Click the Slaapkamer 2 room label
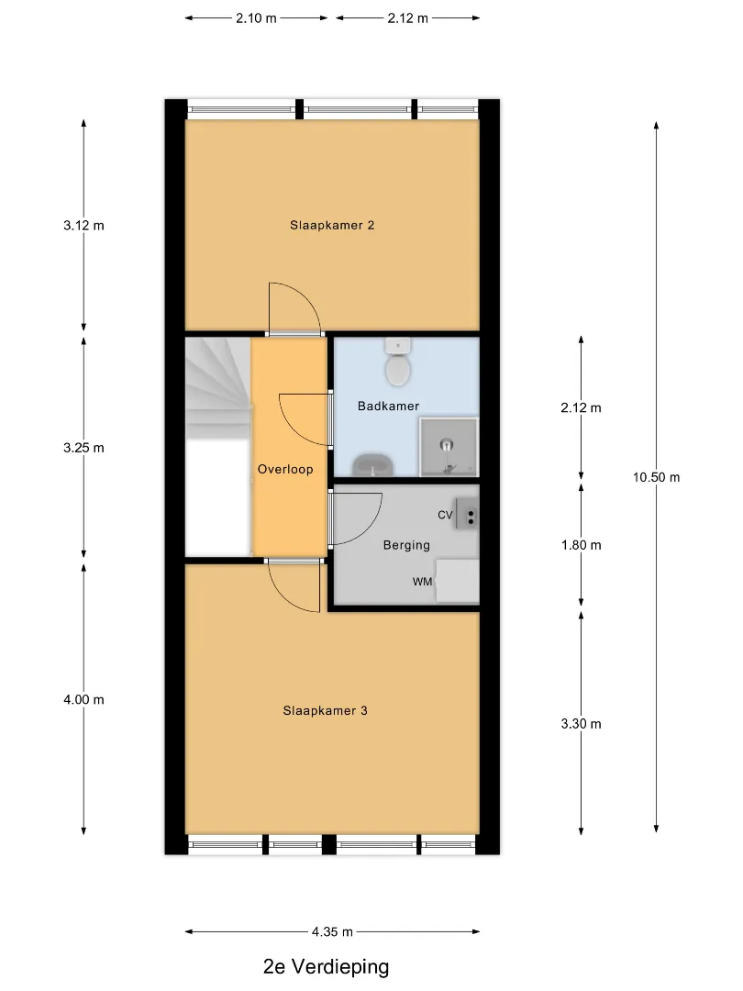(332, 225)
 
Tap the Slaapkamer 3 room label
(325, 710)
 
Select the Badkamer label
(388, 406)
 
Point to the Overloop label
(285, 469)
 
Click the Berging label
(406, 545)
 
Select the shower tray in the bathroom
(449, 446)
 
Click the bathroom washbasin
(373, 466)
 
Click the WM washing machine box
(457, 580)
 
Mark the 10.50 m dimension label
(657, 477)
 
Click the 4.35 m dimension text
(332, 931)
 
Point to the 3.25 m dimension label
(83, 448)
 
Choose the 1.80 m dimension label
(582, 545)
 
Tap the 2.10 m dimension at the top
(256, 18)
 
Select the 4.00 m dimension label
(83, 699)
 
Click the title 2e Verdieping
(326, 967)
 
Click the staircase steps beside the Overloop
(218, 388)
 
